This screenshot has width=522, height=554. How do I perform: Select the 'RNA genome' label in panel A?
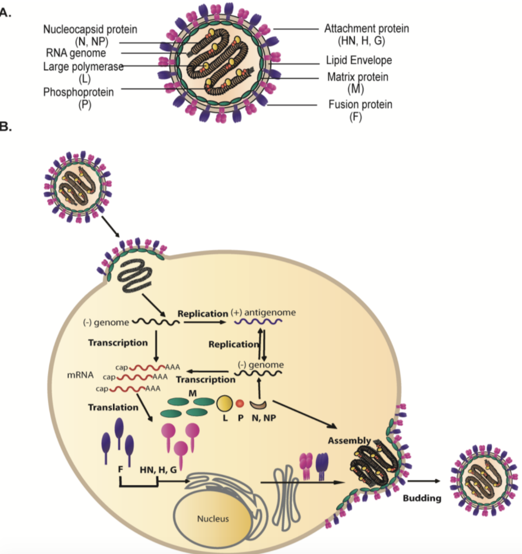point(75,54)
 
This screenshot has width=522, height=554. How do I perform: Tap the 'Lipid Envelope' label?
point(358,60)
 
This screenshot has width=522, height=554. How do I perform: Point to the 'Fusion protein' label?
point(360,104)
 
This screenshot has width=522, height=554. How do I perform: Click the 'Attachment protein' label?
point(367,29)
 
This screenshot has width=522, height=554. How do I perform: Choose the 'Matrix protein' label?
point(357,77)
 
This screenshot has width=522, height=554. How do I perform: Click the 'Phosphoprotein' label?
point(79,93)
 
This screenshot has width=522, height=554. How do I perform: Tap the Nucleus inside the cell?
point(213,518)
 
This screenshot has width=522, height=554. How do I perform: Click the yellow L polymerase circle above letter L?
point(224,403)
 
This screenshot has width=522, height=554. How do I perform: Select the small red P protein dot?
point(240,403)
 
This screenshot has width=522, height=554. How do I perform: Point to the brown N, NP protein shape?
point(258,404)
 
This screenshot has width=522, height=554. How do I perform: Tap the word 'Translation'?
point(113,407)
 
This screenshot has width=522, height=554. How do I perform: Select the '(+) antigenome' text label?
point(263,313)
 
